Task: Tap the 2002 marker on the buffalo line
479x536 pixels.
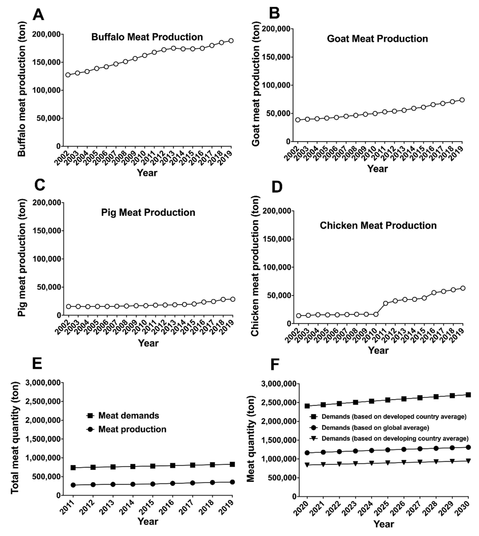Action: click(x=68, y=75)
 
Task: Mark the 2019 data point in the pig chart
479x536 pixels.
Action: click(x=232, y=299)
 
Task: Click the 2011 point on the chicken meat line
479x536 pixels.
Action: click(x=386, y=303)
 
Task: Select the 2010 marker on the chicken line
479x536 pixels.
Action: click(x=376, y=314)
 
